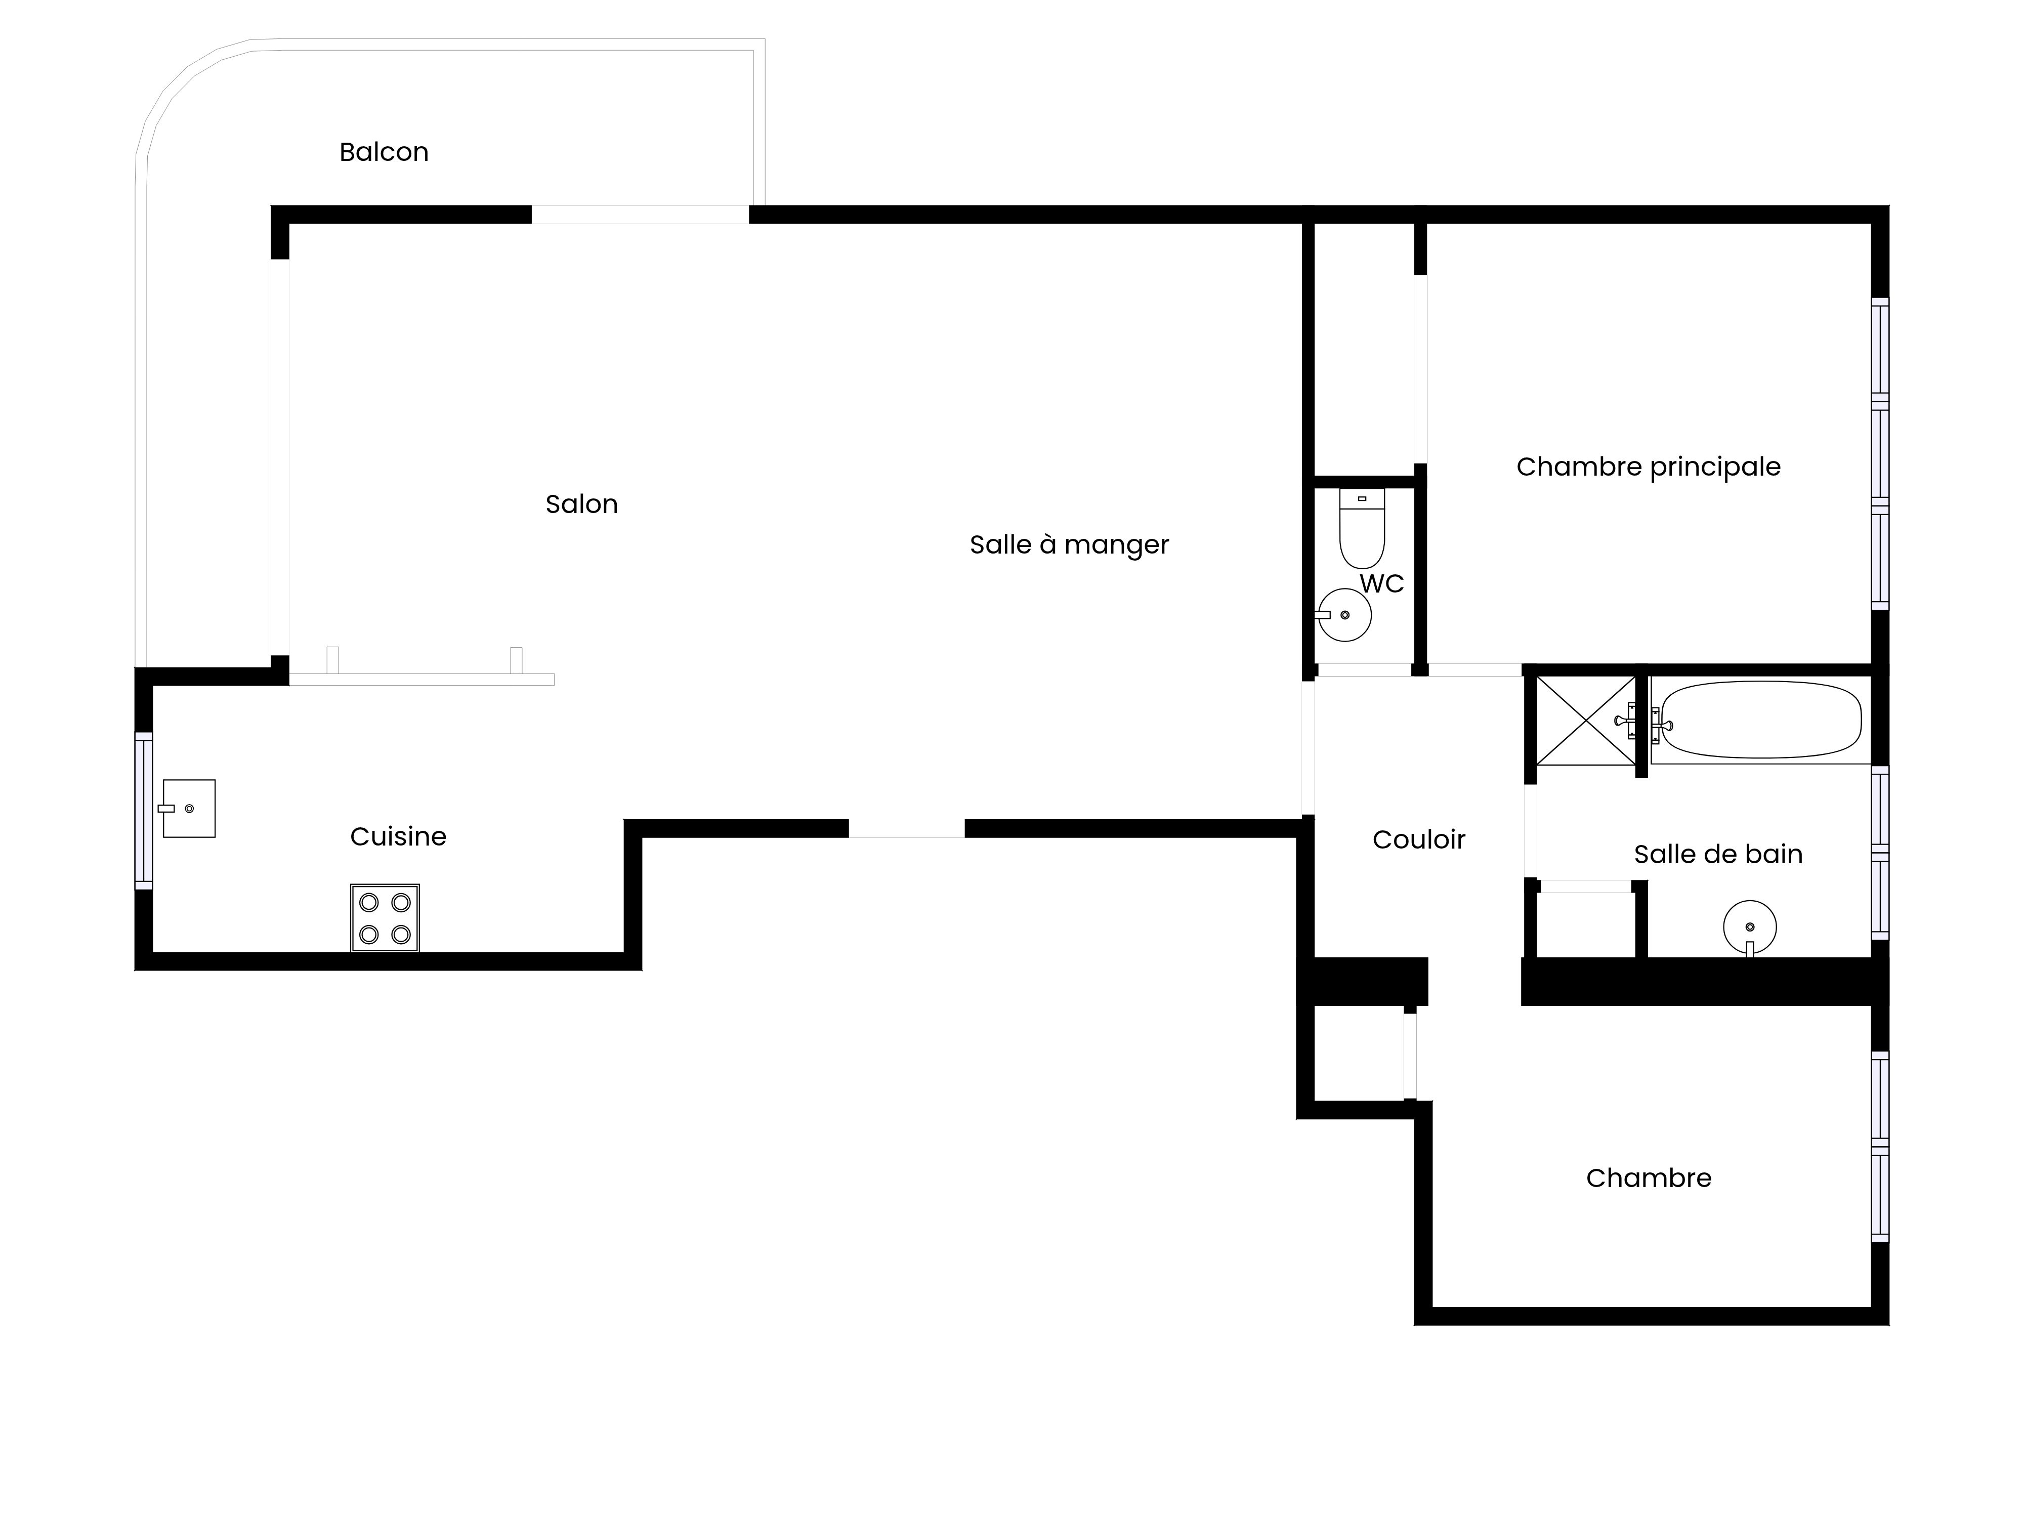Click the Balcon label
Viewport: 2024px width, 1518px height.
[384, 152]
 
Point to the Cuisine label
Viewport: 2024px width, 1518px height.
[398, 836]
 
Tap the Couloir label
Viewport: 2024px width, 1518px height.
[1418, 839]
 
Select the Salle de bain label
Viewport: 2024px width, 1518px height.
[1717, 854]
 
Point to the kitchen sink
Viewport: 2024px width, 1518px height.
[189, 809]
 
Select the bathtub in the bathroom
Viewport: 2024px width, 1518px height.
[1759, 720]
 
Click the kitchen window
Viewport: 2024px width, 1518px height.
[144, 811]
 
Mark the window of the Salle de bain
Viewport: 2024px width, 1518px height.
[1879, 853]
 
